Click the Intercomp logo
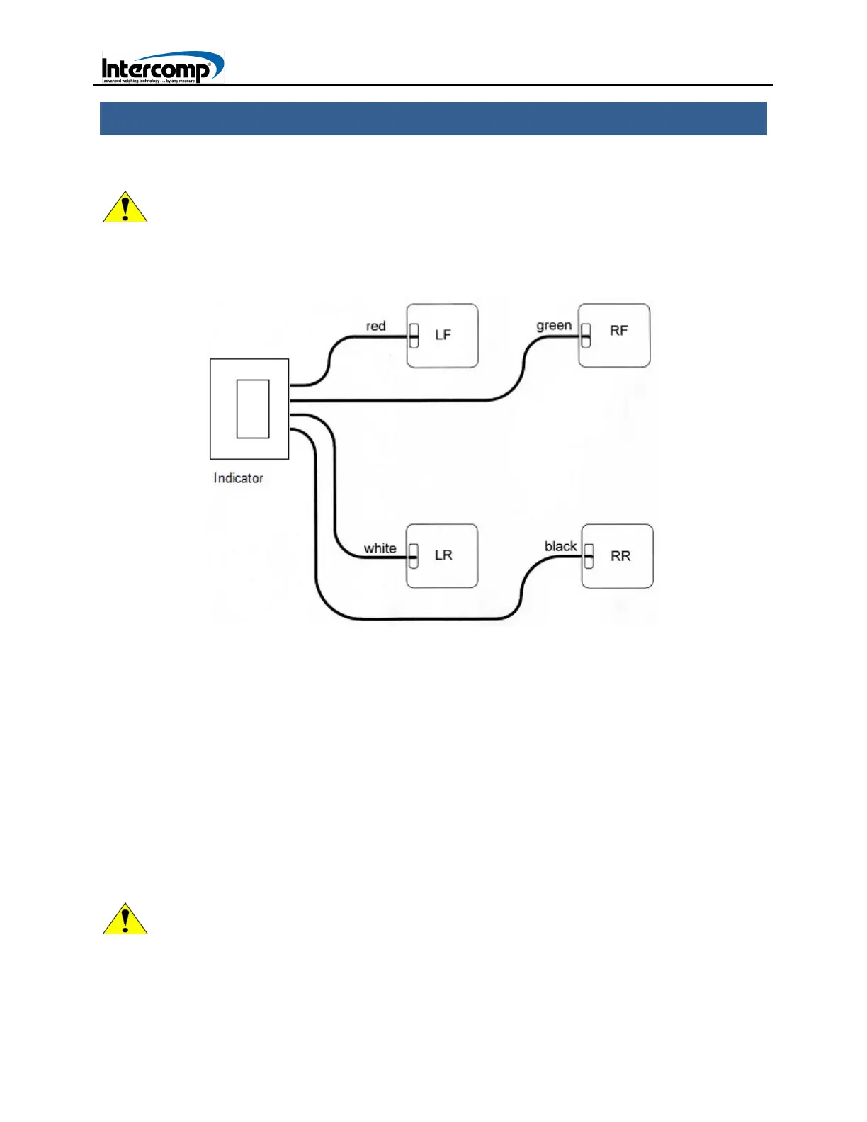[161, 68]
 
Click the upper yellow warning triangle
[125, 208]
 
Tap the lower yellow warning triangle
[125, 920]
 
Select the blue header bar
[433, 118]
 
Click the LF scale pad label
[443, 335]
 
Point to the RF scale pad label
[618, 331]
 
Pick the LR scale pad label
[443, 555]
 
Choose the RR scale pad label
[620, 556]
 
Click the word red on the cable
[375, 326]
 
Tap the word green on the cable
[554, 325]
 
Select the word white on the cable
[380, 548]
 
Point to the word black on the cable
[560, 546]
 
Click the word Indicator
[239, 478]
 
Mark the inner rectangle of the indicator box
[253, 409]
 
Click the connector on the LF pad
[414, 336]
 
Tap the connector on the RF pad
[586, 336]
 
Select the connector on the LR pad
[414, 557]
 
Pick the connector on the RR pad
[589, 557]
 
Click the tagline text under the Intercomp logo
[149, 81]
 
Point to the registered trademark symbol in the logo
[209, 64]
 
